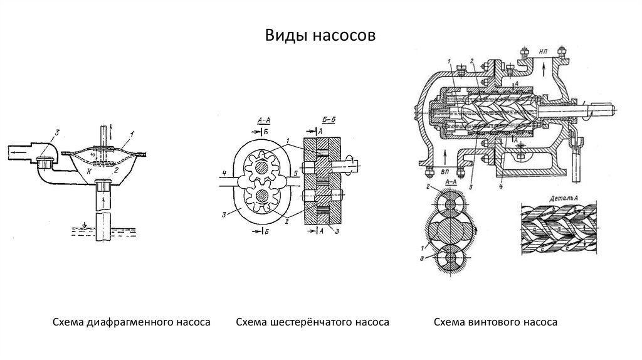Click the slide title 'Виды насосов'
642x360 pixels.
point(320,35)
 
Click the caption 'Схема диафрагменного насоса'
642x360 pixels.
point(130,322)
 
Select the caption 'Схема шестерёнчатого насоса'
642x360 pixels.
point(313,322)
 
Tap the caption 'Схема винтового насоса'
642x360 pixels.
point(495,322)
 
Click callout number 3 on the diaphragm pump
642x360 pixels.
point(56,132)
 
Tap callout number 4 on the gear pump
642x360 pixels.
point(223,172)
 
